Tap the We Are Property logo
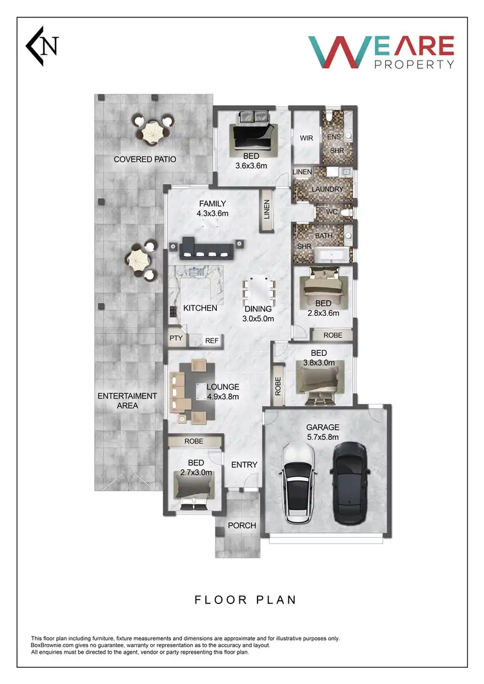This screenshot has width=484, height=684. coord(381,52)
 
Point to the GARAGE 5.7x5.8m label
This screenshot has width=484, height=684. coord(323,432)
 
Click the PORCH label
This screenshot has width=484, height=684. coord(242,525)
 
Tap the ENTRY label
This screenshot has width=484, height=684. coord(244,465)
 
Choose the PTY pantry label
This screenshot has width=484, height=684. coord(176,338)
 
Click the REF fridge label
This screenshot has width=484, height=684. coord(212,341)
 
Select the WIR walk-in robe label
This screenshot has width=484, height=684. coord(306,138)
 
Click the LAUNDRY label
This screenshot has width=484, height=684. coord(327,190)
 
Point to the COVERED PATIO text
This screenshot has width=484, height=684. coord(145,159)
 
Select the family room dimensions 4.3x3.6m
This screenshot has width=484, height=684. coord(212,213)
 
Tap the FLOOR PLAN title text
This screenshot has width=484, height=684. coord(245,600)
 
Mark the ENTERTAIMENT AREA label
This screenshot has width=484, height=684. coord(127,401)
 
